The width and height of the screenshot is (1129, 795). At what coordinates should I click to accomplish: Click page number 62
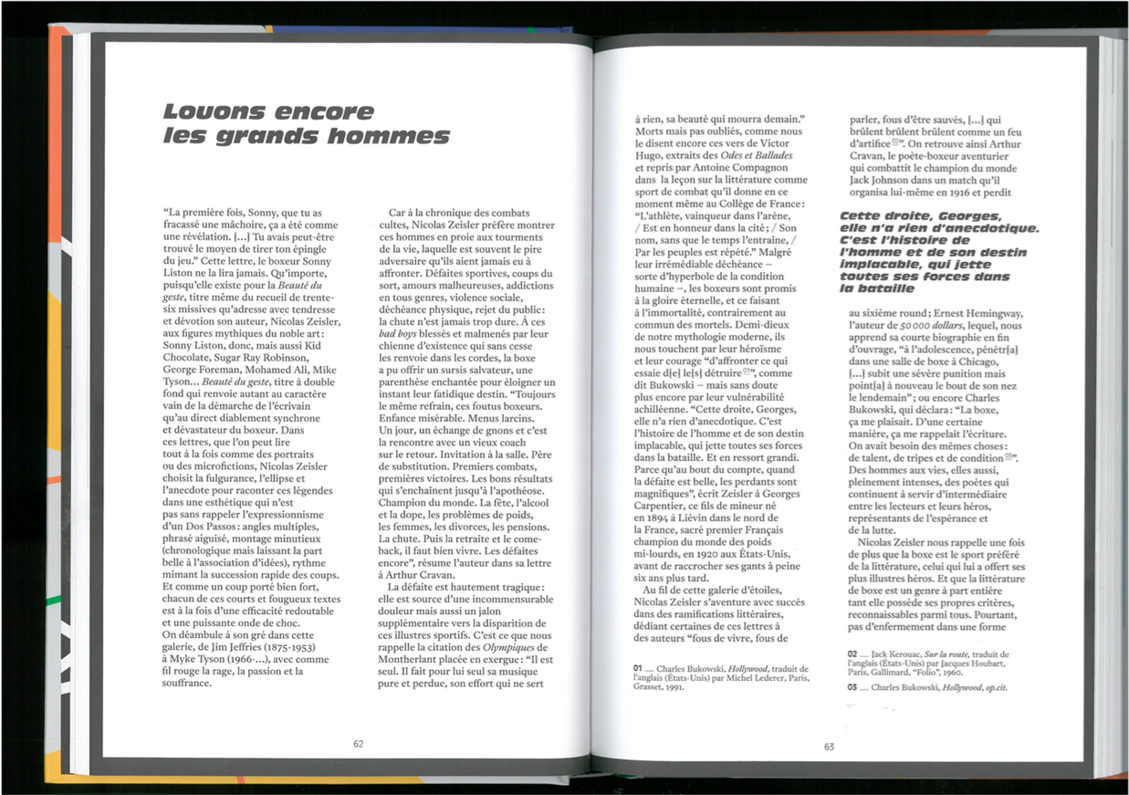pos(359,744)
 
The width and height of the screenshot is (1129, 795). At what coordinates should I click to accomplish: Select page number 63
pos(829,747)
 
